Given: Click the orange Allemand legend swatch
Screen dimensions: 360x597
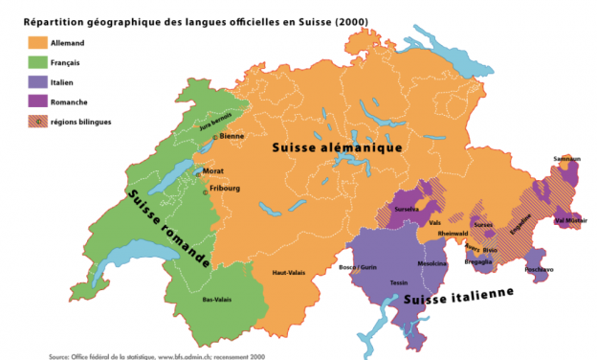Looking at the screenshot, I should [37, 42].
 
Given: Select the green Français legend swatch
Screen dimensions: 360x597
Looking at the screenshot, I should [37, 62].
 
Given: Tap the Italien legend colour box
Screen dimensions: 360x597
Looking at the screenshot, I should [37, 82].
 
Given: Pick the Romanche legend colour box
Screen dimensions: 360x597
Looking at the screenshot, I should [37, 101].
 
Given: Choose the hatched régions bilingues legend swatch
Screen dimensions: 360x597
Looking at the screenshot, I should [37, 122].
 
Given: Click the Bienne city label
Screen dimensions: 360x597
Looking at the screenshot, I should [231, 137].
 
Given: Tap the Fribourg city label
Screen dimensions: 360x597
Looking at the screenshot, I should [224, 189].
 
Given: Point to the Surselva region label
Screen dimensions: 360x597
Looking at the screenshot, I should [408, 208].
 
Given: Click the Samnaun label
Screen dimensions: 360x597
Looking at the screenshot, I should [566, 159].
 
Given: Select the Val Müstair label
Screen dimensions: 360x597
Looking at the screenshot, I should [570, 219].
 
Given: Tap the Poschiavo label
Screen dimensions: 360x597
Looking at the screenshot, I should [539, 270].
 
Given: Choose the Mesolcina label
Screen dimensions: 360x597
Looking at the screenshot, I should [432, 263].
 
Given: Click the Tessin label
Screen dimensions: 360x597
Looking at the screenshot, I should [399, 284].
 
